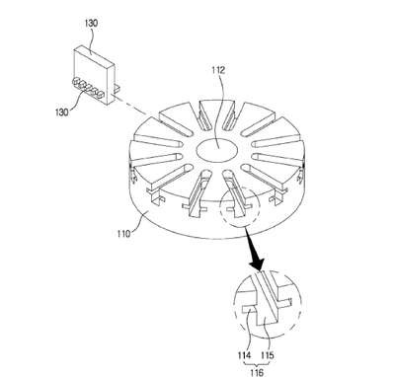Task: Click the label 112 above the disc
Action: click(218, 70)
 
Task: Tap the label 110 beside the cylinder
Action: click(124, 234)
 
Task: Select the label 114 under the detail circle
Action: click(244, 355)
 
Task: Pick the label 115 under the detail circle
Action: click(268, 355)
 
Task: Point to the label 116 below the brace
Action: click(257, 372)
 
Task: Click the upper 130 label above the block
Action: click(91, 24)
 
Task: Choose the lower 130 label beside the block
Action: click(62, 112)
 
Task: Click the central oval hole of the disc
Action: click(217, 150)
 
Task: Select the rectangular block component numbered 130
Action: click(94, 75)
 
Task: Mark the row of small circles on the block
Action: click(88, 88)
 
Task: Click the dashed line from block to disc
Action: click(129, 106)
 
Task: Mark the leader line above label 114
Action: click(248, 330)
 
